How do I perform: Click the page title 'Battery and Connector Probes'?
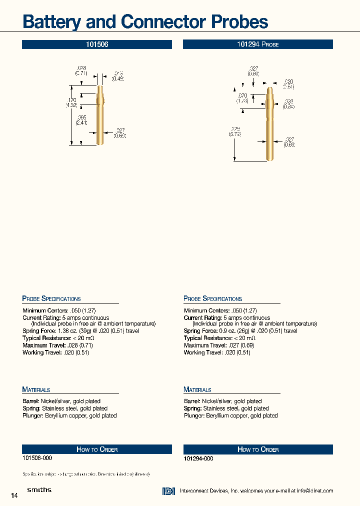tap(145, 22)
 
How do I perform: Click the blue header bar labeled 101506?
tap(97, 44)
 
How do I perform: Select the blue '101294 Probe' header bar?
tap(258, 44)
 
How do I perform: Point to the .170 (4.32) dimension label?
tap(72, 102)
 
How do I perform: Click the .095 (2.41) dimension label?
tap(81, 120)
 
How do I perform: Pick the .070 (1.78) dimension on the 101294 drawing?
tap(242, 98)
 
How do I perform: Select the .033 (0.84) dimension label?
tap(289, 103)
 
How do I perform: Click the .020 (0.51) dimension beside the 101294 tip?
tap(288, 83)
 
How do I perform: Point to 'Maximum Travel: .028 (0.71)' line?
tap(57, 345)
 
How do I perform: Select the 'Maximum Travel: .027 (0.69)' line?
tap(219, 345)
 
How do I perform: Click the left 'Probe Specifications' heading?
tap(51, 298)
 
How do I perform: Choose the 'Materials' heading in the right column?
tap(197, 389)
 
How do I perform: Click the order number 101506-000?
tap(37, 458)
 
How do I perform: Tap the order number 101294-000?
tap(198, 458)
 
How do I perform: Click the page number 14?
tap(14, 495)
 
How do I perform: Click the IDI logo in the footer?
tap(168, 491)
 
